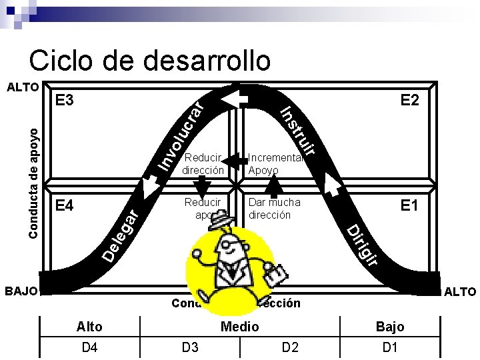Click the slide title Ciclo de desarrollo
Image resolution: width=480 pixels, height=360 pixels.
150,60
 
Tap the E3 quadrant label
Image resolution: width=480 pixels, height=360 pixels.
65,101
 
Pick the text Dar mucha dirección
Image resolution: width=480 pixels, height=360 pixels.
274,208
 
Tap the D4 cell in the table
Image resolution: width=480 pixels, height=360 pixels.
89,347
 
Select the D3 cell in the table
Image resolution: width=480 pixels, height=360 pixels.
190,347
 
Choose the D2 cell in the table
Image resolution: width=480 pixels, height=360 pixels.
290,347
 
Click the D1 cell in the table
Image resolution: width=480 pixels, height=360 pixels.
390,347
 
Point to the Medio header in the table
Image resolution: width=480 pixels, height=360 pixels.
240,326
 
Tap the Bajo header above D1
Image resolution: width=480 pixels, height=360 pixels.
390,326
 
